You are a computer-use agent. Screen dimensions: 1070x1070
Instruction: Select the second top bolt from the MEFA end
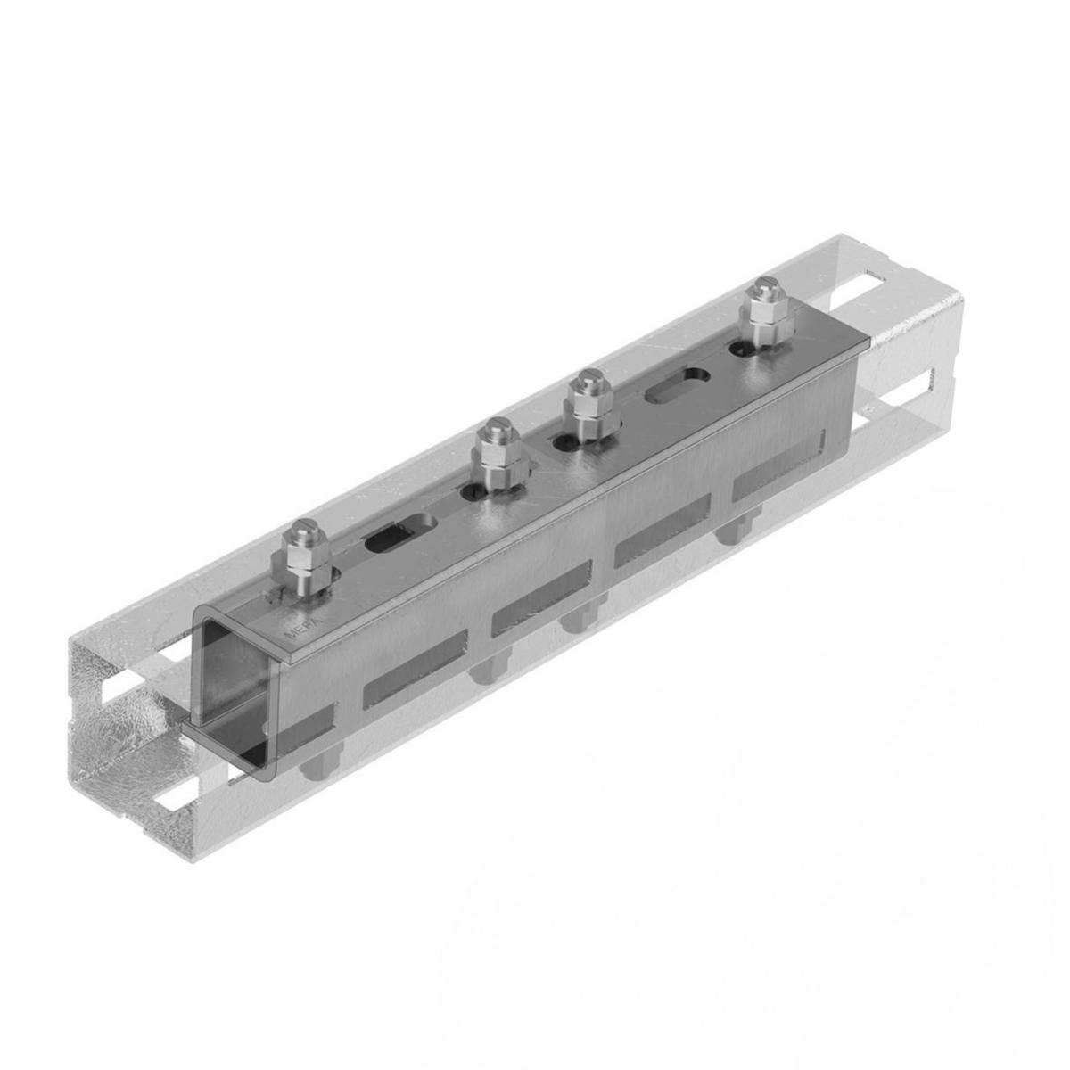498,456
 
